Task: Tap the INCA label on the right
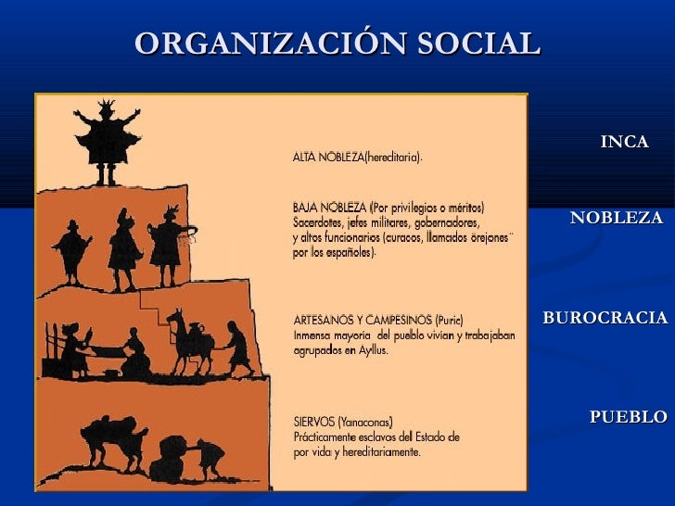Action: pyautogui.click(x=623, y=142)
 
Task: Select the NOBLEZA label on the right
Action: pyautogui.click(x=616, y=219)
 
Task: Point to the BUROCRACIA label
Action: pyautogui.click(x=605, y=318)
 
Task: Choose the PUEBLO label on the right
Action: pyautogui.click(x=628, y=417)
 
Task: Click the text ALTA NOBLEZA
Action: pyautogui.click(x=328, y=158)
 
